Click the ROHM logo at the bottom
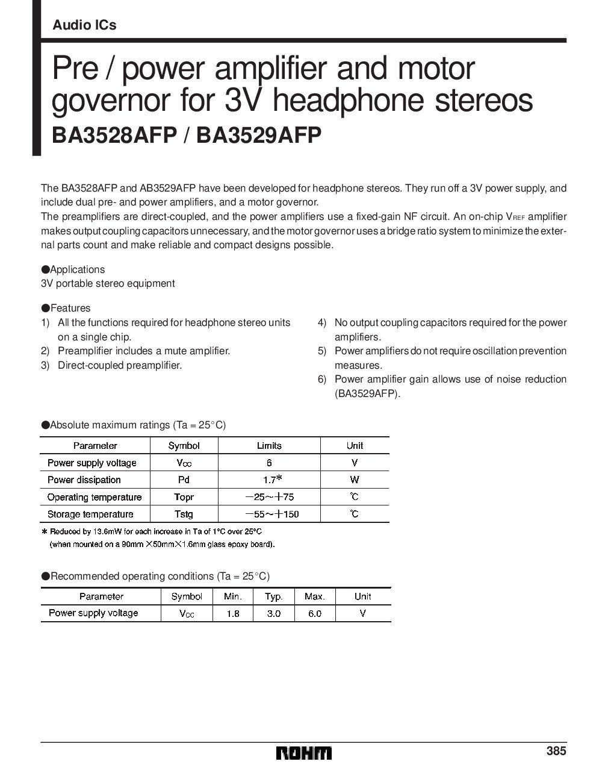[304, 752]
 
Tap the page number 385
[556, 751]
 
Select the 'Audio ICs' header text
[84, 25]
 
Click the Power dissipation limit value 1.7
[269, 480]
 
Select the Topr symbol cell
[184, 497]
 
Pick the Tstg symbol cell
[184, 514]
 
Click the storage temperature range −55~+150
[272, 514]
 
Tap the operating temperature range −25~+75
[270, 497]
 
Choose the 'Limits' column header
[269, 446]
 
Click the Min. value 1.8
[232, 613]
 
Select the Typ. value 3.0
[273, 613]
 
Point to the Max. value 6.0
[314, 613]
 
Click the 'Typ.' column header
[273, 596]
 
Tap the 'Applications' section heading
[77, 269]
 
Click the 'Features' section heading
[70, 308]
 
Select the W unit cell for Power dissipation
[355, 480]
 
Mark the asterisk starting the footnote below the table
[44, 532]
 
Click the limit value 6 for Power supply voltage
[269, 463]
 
